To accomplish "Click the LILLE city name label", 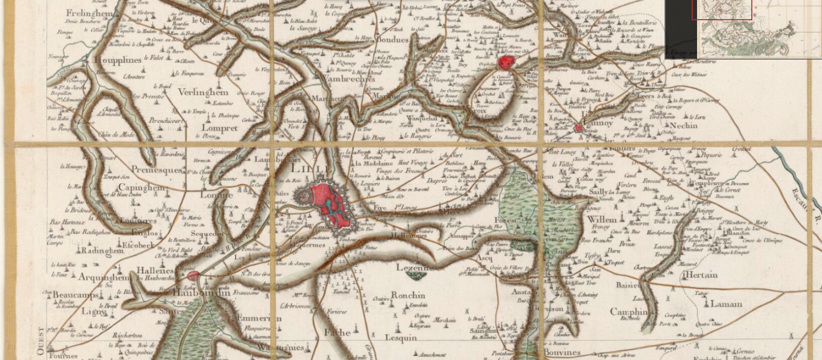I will pos(311,169).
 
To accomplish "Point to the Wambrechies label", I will pos(347,79).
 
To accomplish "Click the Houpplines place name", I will pos(118,60).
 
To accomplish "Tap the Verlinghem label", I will pos(203,92).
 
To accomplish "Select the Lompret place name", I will pos(220,128).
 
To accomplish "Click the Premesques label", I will pos(157,169).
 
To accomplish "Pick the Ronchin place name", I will pos(408,295).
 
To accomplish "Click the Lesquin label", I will pos(401,337).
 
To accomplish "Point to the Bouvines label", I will pos(562,353).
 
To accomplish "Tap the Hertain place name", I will pos(701,275).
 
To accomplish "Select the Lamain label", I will pos(726,304).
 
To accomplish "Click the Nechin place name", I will pos(683,125).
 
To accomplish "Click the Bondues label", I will pos(393,40).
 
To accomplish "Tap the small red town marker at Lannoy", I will pos(579,128).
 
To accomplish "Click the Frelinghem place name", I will pos(89,13).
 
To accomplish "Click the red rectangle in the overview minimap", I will pos(721,10).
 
